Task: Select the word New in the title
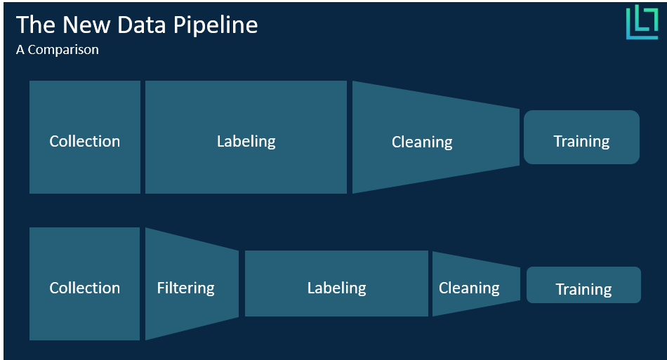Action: (84, 25)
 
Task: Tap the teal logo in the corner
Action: (641, 22)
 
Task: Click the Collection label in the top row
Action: (84, 141)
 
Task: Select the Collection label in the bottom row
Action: (84, 288)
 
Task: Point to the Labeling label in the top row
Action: (246, 141)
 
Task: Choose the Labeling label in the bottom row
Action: (336, 288)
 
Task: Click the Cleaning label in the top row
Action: (422, 142)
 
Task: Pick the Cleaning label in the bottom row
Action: (469, 288)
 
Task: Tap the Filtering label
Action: (185, 288)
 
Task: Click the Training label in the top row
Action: (581, 141)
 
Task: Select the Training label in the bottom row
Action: (583, 289)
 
